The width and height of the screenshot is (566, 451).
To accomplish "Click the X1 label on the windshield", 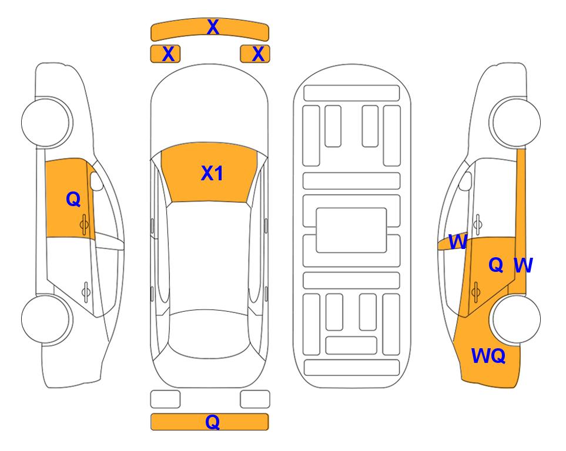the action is click(x=212, y=173).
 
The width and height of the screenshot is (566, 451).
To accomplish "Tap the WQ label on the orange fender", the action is click(x=488, y=356).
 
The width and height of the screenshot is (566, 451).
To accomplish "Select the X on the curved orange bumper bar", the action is click(x=213, y=27).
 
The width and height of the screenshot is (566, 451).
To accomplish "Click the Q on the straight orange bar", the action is click(x=213, y=422).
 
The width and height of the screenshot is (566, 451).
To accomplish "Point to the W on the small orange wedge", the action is click(x=458, y=242).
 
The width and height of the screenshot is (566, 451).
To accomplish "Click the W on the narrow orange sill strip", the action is click(x=523, y=265).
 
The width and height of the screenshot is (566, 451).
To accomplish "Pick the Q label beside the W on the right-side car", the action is click(x=496, y=265).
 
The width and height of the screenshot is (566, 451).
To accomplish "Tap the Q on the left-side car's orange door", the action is click(x=73, y=199).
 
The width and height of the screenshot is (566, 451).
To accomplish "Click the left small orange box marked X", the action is click(x=165, y=54).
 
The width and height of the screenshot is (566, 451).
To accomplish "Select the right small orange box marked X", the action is click(x=255, y=54).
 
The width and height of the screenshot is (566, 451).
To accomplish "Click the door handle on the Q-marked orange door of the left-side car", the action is click(x=84, y=224).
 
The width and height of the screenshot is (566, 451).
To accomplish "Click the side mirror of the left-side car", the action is click(x=96, y=181).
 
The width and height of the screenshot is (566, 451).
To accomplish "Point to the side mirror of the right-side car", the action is click(x=465, y=181).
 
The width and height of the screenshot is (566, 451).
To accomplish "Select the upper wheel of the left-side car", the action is click(x=46, y=122).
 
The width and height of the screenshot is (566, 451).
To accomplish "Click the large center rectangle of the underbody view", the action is click(x=351, y=230).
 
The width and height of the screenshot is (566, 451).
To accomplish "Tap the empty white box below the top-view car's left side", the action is click(x=165, y=399).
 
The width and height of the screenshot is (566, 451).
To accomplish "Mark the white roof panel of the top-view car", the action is click(x=209, y=256).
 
